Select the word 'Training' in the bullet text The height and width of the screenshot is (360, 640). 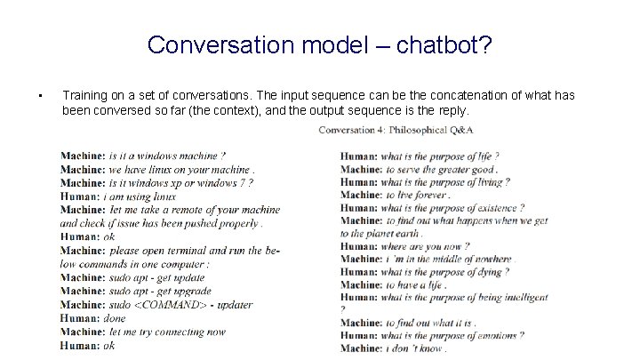click(x=85, y=95)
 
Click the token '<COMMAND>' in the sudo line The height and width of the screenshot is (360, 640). click(x=173, y=304)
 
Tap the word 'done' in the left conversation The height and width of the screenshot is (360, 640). click(x=115, y=317)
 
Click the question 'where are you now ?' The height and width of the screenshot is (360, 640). click(x=427, y=246)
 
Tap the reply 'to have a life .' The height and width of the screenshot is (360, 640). click(x=415, y=284)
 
